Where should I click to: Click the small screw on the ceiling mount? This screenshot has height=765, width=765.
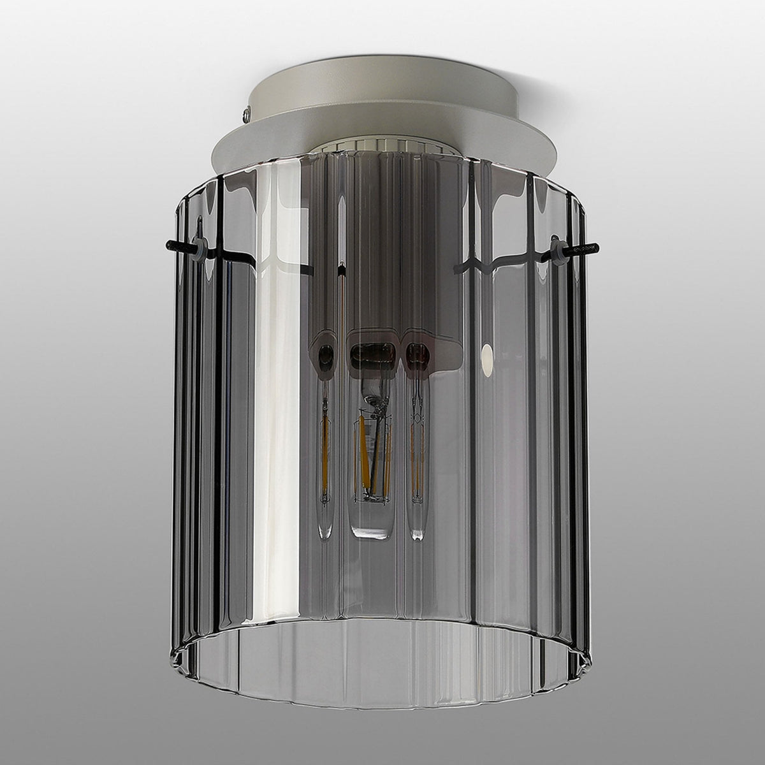click(x=247, y=114)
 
